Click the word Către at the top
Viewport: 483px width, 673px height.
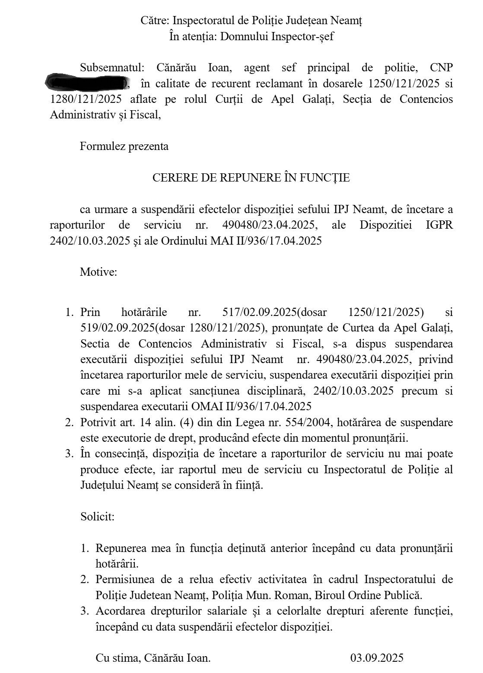click(x=155, y=20)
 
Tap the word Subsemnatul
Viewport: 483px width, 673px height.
click(x=111, y=68)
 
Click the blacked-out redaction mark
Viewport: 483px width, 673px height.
click(x=87, y=82)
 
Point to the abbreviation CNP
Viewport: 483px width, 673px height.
click(x=441, y=68)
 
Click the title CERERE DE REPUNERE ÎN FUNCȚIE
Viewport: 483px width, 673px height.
click(x=251, y=178)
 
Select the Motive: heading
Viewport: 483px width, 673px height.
click(x=99, y=272)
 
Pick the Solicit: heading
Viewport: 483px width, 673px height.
click(x=98, y=517)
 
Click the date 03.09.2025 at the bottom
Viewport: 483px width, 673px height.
click(x=377, y=658)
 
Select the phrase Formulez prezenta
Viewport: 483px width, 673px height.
click(x=124, y=147)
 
